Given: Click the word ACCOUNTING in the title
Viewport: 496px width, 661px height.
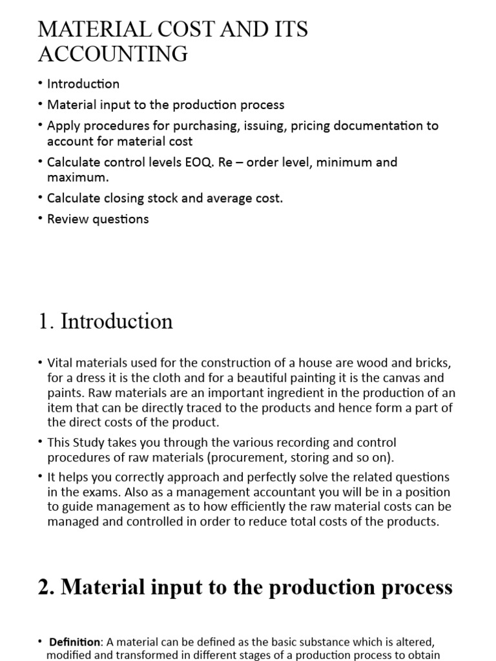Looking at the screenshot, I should [x=113, y=54].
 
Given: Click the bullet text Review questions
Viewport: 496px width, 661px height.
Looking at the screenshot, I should [x=98, y=219].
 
